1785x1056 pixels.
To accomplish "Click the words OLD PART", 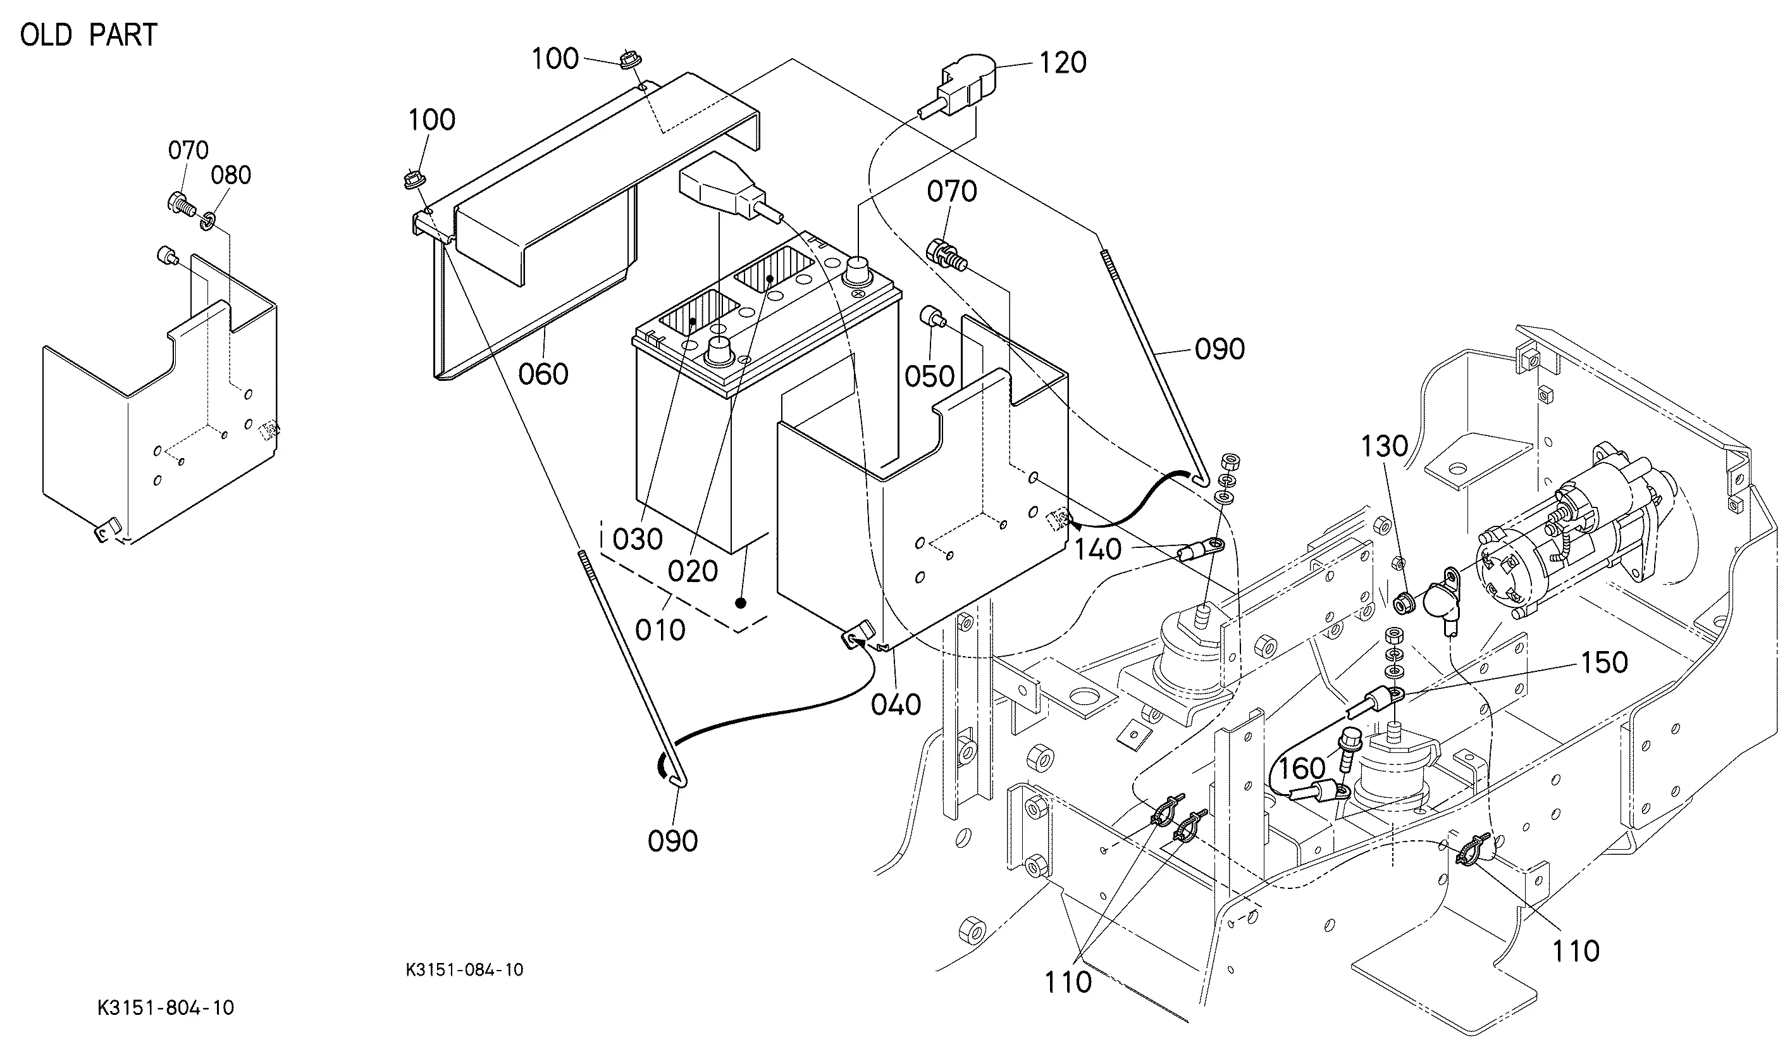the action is coord(89,35).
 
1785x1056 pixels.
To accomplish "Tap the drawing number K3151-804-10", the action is coord(166,1008).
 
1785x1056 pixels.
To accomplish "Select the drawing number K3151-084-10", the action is coord(464,969).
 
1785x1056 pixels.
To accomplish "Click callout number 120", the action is coord(1063,63).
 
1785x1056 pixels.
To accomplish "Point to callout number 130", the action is coord(1384,446).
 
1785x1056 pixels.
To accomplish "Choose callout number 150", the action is coord(1603,662).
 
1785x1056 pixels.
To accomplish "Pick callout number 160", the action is coord(1302,768).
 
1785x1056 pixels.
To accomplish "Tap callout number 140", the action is coord(1097,549).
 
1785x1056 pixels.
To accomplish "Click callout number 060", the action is coord(543,375).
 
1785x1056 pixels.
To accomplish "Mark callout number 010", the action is coord(660,630).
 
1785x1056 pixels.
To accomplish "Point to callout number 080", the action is coord(231,175).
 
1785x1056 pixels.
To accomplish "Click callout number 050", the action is coord(929,376).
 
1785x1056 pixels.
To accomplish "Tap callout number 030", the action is coord(637,539).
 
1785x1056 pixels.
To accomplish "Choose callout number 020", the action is coord(693,571).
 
